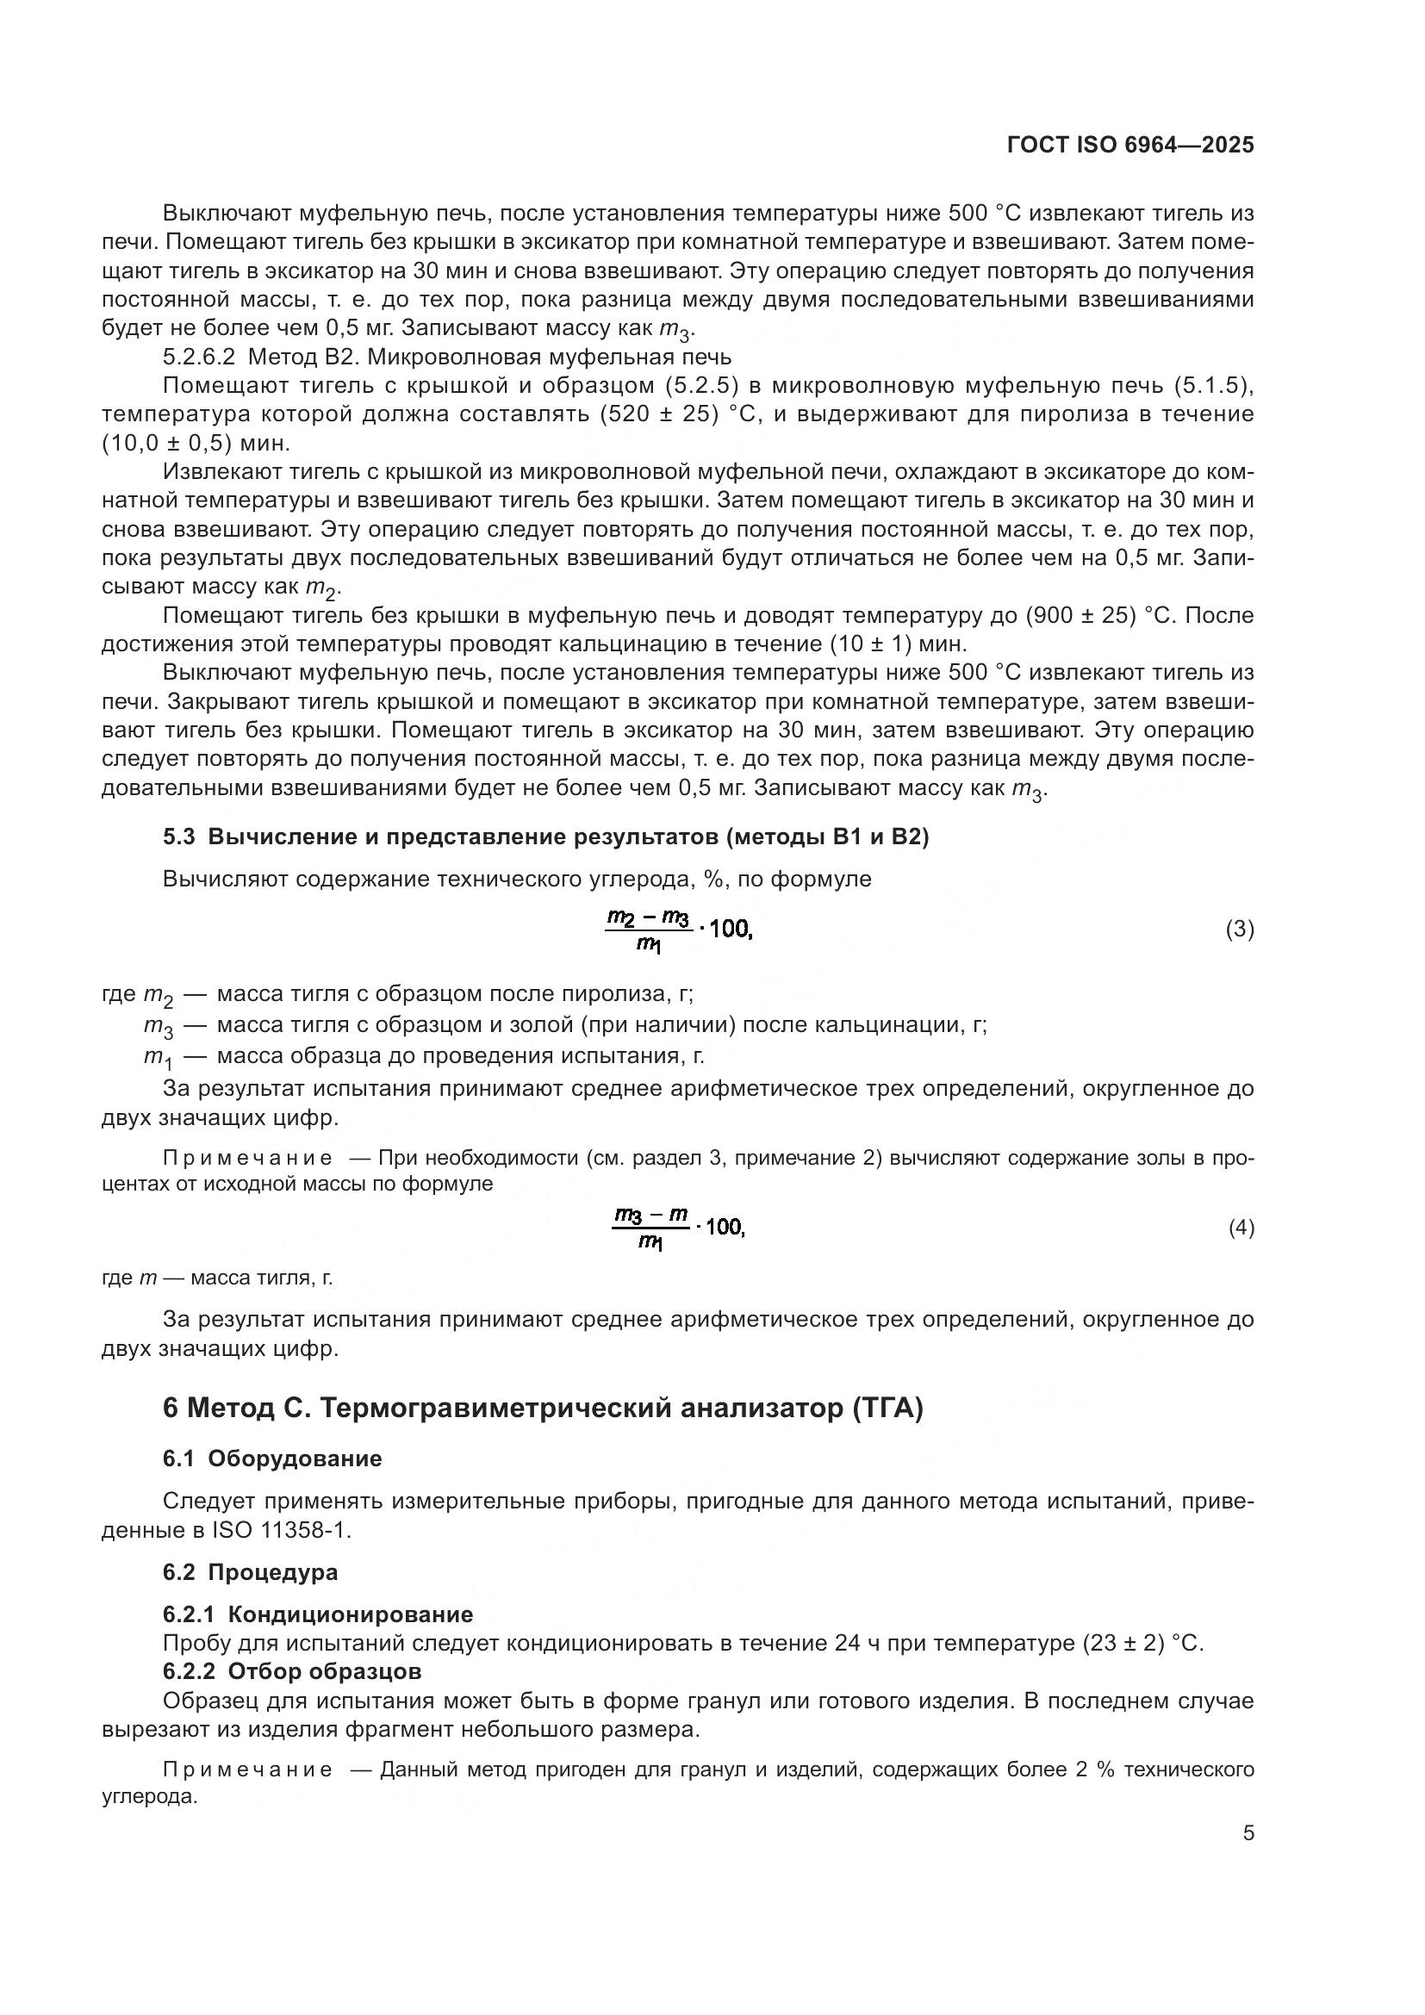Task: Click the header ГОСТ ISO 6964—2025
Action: click(x=1130, y=146)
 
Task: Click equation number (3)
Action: click(x=1239, y=930)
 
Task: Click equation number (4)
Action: click(x=1241, y=1228)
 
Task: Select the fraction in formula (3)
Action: click(x=649, y=930)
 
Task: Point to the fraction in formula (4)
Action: click(x=650, y=1228)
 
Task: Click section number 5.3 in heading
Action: click(x=178, y=837)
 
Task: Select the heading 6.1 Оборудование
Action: click(x=272, y=1458)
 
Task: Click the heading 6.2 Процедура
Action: click(x=250, y=1572)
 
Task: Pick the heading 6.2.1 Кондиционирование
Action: click(x=318, y=1614)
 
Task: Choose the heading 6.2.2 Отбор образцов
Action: click(x=291, y=1671)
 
